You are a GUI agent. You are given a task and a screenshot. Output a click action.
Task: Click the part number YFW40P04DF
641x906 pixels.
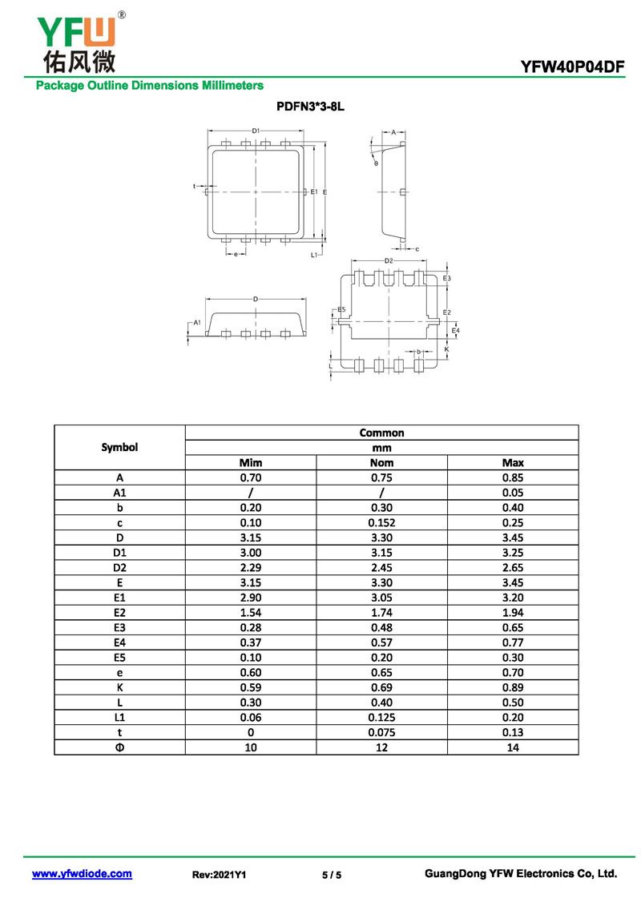572,67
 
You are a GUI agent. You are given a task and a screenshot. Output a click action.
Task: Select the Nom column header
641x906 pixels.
381,462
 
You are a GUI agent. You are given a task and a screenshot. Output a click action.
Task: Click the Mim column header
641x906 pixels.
251,462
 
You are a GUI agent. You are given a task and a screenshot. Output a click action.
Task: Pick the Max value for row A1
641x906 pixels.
513,493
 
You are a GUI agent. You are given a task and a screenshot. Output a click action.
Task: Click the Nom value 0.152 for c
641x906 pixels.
381,522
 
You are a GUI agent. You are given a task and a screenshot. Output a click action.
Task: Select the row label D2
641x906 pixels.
119,567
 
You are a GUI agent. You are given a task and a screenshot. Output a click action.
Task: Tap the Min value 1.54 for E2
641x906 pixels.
251,612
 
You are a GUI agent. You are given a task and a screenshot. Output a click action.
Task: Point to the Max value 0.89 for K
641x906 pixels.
513,687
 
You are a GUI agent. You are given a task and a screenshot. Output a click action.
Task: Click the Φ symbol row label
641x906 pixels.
119,747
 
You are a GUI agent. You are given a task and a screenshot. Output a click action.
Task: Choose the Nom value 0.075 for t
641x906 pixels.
381,732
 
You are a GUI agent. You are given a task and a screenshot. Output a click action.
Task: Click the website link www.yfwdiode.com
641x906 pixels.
82,874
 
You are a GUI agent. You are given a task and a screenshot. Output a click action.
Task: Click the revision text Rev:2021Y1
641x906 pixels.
219,875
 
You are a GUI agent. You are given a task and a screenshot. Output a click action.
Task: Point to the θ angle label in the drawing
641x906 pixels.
375,163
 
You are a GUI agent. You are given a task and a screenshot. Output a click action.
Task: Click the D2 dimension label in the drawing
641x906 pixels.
389,260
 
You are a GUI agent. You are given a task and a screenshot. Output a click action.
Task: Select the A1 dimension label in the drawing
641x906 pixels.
196,322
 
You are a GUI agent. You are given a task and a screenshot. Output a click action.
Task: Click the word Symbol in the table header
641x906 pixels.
119,447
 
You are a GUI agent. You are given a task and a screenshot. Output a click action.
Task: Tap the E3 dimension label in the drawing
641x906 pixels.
447,278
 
